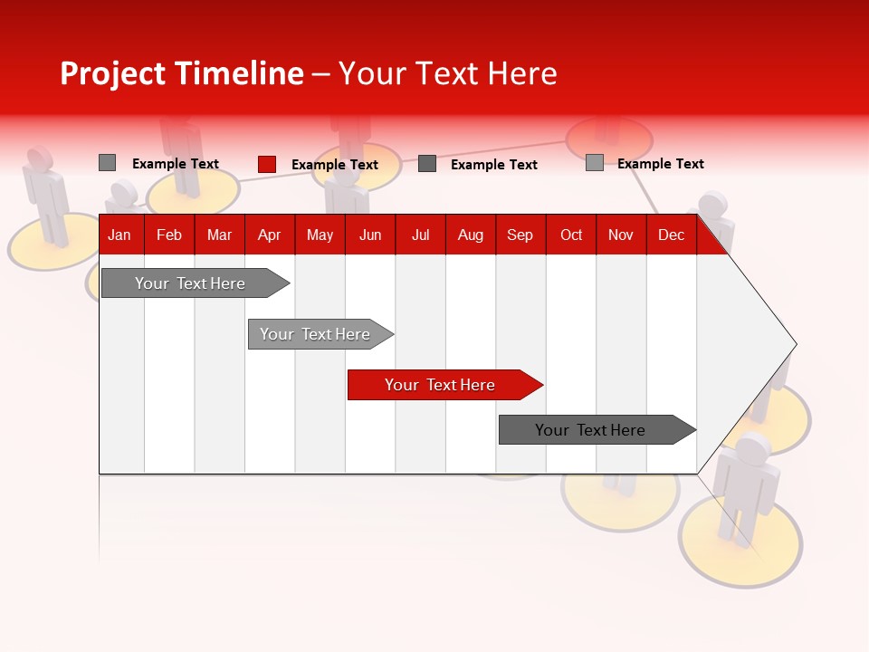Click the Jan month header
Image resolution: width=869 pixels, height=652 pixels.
(x=119, y=235)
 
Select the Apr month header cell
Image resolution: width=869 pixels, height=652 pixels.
(x=269, y=235)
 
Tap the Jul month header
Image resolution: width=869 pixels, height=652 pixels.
(x=420, y=235)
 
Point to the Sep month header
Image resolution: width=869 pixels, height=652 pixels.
(x=520, y=235)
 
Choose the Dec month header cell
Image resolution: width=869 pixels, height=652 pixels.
(x=671, y=235)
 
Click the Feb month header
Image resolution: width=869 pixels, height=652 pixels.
(x=169, y=235)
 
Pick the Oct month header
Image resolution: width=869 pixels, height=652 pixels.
(x=571, y=235)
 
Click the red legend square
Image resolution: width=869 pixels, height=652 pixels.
(x=267, y=164)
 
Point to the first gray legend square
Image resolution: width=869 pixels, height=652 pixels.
(x=107, y=163)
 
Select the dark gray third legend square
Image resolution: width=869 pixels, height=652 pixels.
(x=427, y=164)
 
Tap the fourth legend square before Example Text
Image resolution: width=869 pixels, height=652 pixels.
(x=594, y=163)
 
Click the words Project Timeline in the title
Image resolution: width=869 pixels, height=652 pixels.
(x=181, y=73)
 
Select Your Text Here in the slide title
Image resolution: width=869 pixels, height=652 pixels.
(x=447, y=73)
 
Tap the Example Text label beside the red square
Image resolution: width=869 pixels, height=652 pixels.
(x=334, y=165)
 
